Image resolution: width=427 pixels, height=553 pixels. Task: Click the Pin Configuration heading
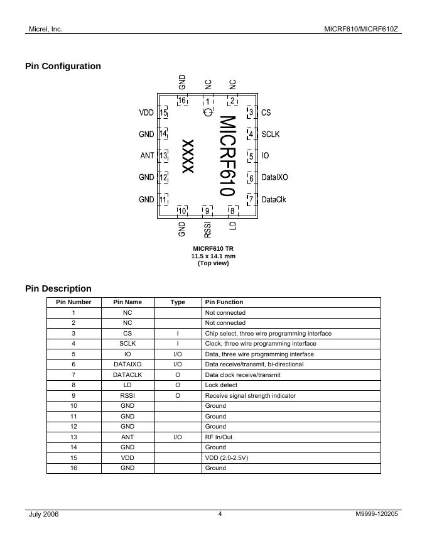[63, 66]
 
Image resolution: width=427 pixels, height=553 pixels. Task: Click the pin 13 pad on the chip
[163, 156]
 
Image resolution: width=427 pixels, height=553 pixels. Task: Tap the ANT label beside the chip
[147, 156]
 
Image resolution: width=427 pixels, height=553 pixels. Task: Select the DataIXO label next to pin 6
[274, 178]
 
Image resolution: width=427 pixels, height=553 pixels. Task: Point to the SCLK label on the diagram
[271, 134]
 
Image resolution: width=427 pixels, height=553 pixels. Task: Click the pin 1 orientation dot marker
[208, 112]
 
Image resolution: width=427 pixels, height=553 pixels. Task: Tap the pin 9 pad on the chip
[207, 211]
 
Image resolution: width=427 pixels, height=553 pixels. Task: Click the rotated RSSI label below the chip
[207, 229]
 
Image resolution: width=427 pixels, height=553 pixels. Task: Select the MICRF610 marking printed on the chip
[227, 155]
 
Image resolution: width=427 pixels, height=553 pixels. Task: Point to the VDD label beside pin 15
[146, 113]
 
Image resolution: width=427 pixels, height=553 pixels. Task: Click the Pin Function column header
[224, 302]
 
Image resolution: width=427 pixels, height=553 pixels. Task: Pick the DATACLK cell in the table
[127, 375]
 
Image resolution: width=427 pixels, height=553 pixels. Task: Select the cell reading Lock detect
[222, 385]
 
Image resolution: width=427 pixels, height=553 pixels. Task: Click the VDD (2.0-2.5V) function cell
[227, 457]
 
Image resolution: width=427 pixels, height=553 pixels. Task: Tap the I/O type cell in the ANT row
[178, 437]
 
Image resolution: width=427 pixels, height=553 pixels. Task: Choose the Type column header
[178, 302]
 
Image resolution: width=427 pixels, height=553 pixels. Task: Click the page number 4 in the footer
[220, 514]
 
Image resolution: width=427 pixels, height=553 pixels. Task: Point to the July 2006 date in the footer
[44, 515]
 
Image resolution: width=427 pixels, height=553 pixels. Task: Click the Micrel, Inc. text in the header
[46, 29]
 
